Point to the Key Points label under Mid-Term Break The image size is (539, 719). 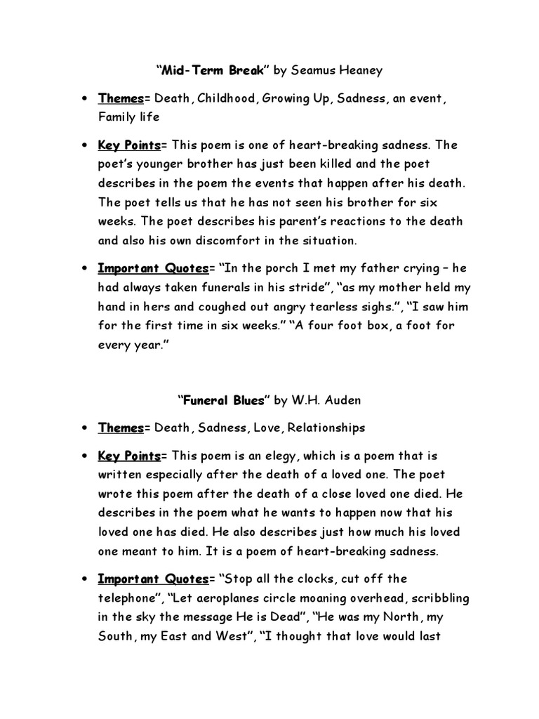click(129, 145)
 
